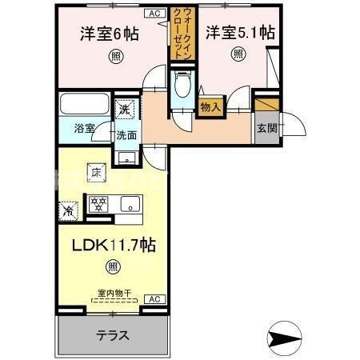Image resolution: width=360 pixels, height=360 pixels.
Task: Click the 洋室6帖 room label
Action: coord(111,34)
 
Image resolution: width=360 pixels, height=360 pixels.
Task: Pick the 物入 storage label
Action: coord(210,106)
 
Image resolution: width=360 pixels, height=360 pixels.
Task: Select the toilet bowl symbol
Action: coord(182,85)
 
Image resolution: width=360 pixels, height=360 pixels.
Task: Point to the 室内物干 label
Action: coord(112,292)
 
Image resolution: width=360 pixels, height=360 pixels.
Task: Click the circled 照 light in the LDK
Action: coord(113,266)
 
